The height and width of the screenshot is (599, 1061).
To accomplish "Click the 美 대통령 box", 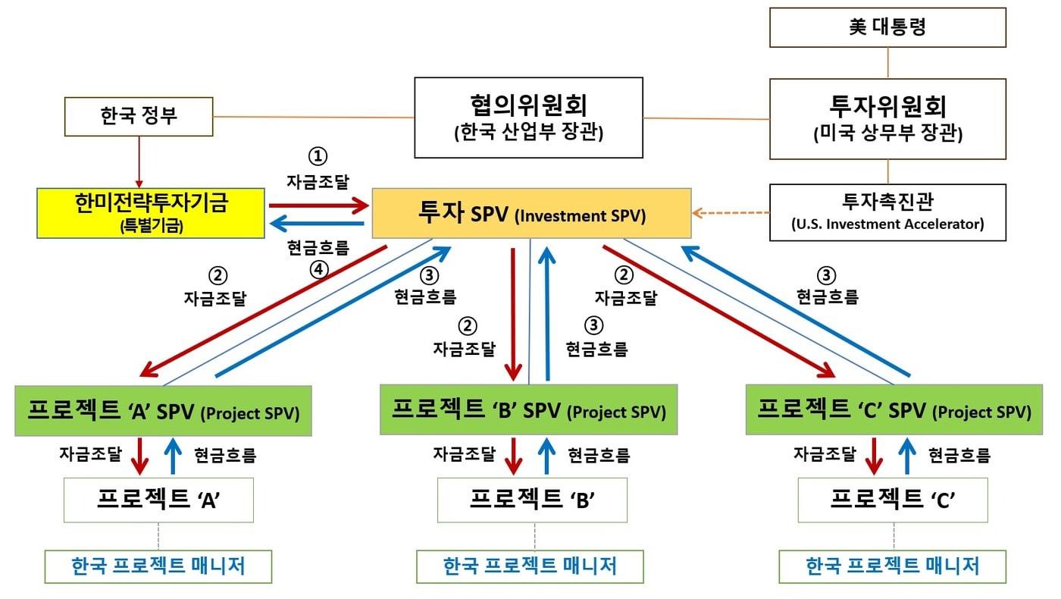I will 887,27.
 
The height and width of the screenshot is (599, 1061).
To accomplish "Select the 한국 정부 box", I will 138,116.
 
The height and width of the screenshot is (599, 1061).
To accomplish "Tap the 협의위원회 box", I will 528,118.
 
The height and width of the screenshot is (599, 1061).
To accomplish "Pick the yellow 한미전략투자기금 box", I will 152,212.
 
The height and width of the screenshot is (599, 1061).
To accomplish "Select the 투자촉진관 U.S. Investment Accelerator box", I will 887,212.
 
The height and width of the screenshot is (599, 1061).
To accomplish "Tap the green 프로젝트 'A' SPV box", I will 163,412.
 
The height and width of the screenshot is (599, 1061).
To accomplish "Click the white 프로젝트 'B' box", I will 532,500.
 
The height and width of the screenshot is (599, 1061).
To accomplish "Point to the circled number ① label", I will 317,157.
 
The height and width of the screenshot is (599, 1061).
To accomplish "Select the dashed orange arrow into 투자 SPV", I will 731,213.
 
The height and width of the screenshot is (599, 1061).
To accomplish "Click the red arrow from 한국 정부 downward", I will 138,162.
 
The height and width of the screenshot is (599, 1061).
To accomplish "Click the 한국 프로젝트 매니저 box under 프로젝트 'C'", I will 893,566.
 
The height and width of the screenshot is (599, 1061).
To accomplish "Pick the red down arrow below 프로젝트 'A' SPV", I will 140,456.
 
